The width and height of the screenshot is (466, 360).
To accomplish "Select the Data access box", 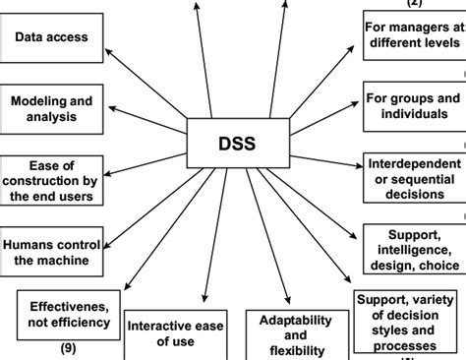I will (x=51, y=38).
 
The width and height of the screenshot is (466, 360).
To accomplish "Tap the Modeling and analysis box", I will (x=51, y=110).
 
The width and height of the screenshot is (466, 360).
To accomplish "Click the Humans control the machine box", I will (x=51, y=252).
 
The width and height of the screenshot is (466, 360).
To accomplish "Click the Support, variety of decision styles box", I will (x=407, y=321).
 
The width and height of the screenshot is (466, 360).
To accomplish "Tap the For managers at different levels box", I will (x=414, y=37).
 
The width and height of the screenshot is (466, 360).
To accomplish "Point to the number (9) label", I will (x=68, y=348).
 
